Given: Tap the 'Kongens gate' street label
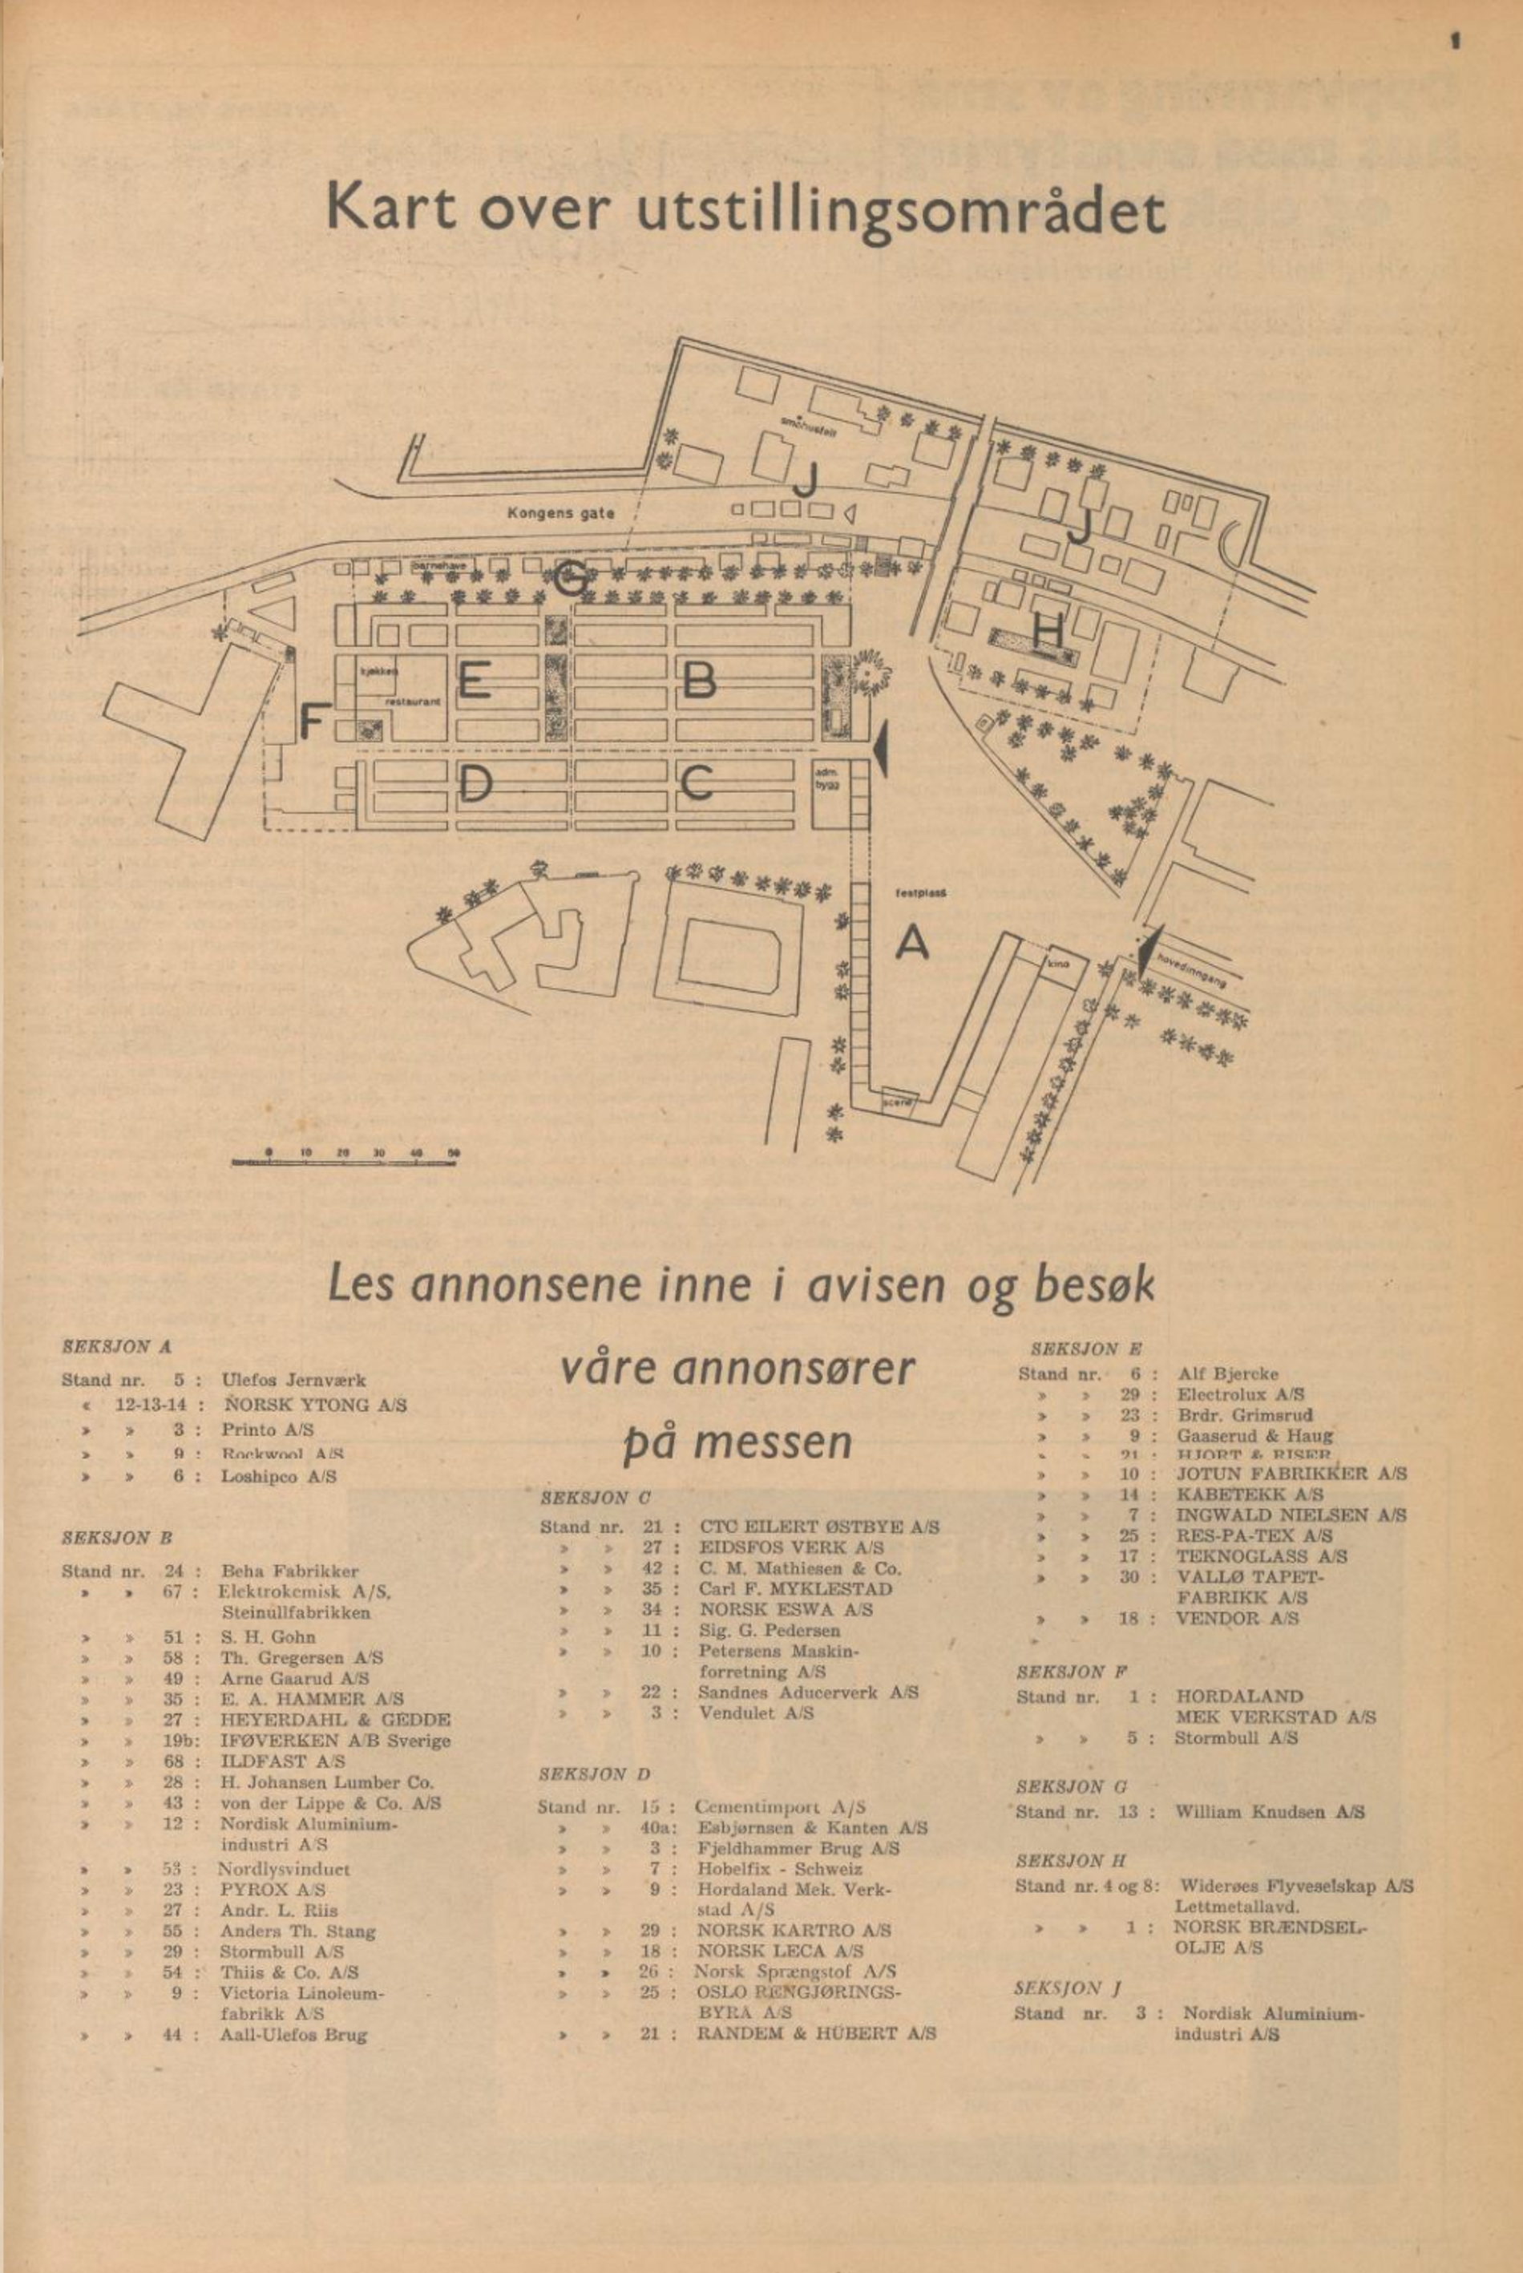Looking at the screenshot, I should point(560,514).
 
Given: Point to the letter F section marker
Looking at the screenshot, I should point(311,722).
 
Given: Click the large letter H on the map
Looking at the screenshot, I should point(1048,633).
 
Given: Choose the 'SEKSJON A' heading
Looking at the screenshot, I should point(116,1347).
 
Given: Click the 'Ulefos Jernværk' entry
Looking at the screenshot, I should point(293,1379).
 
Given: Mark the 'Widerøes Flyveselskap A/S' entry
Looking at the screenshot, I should point(1294,1887).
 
